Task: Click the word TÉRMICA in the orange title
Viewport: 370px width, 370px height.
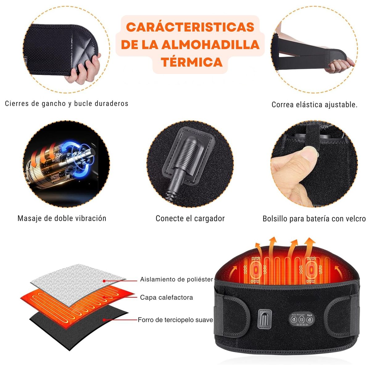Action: tap(191, 62)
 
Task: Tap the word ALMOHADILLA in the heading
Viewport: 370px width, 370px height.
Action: tap(211, 45)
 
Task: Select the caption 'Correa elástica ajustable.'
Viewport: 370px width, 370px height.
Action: tap(314, 105)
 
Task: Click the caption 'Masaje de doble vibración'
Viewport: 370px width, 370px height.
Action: tap(62, 218)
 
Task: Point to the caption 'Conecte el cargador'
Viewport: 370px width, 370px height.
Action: tap(190, 218)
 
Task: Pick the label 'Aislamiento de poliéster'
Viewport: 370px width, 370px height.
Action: tap(176, 279)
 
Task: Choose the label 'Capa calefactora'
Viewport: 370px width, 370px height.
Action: tap(166, 297)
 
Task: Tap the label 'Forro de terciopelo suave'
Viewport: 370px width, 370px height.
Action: tap(175, 320)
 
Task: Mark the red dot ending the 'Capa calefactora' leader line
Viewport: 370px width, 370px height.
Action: tap(105, 297)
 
